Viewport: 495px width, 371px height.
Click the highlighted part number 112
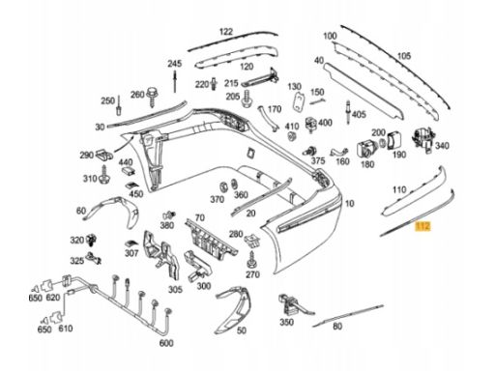click(422, 226)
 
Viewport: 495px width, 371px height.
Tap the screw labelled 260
click(152, 97)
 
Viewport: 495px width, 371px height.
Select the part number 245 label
click(174, 64)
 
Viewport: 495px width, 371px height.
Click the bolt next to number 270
click(251, 260)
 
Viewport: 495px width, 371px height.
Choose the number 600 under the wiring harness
click(166, 343)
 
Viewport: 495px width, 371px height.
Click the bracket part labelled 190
click(394, 140)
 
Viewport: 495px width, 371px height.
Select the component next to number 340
click(422, 139)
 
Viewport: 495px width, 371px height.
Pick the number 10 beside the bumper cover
click(350, 204)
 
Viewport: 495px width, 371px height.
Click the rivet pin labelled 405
click(348, 112)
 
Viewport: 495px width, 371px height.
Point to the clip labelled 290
click(104, 155)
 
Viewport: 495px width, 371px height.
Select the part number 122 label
click(226, 32)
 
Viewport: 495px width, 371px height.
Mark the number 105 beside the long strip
click(404, 56)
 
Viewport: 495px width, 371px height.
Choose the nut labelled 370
click(223, 186)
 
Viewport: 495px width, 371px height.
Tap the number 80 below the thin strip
click(337, 327)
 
